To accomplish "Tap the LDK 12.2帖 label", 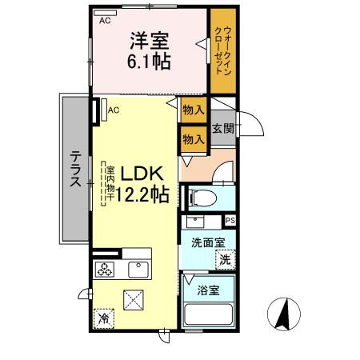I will click(x=142, y=183).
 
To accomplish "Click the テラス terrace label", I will click(x=74, y=170).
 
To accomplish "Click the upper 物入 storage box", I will click(x=192, y=110).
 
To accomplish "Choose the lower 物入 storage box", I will click(x=192, y=139).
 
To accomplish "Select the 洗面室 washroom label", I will click(x=206, y=242).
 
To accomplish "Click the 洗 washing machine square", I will click(x=226, y=258).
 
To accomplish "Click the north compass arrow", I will click(x=282, y=313).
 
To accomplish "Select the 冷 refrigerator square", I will click(x=103, y=318).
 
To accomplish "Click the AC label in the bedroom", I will click(x=105, y=22).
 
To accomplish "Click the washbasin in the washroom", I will click(x=194, y=222).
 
